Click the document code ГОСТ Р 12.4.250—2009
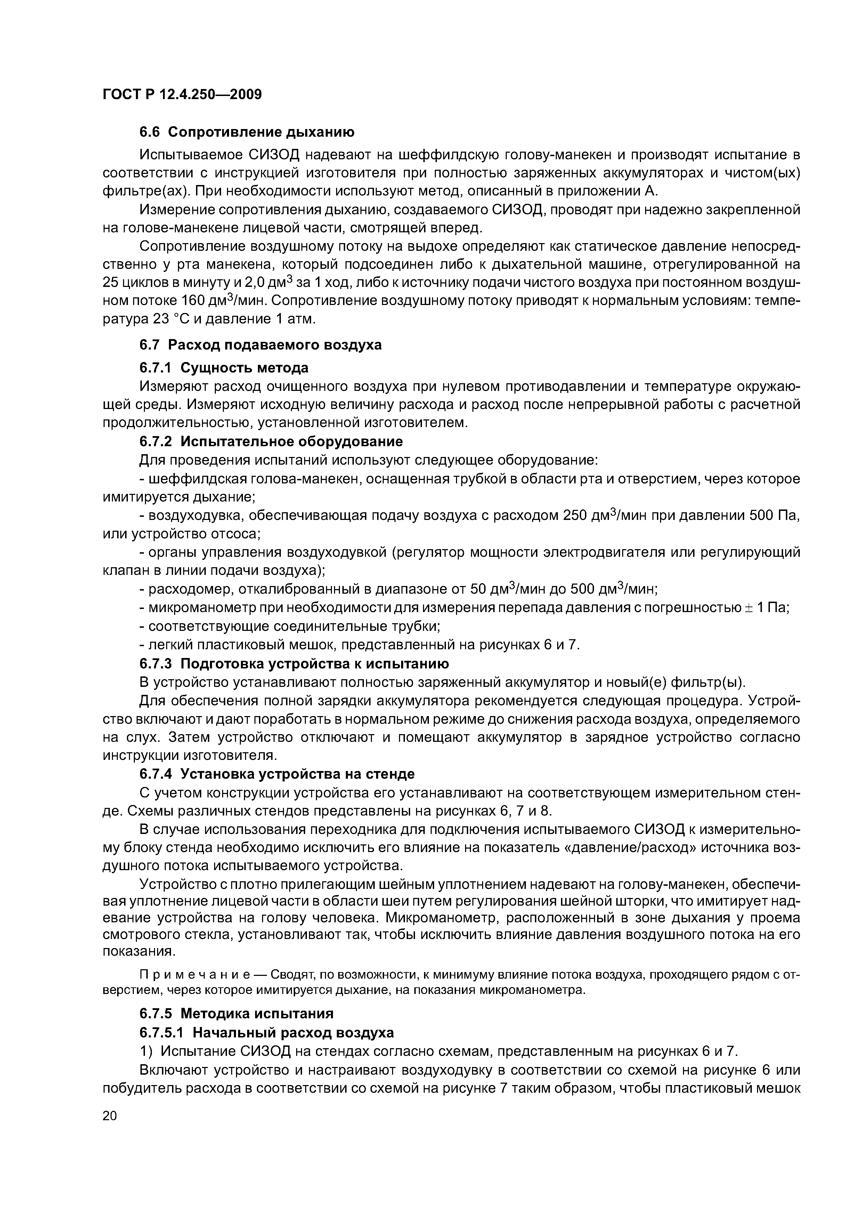(x=182, y=95)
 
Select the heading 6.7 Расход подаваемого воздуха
(x=260, y=345)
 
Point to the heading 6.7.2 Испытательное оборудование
(x=271, y=442)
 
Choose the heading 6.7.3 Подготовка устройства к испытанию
(x=294, y=664)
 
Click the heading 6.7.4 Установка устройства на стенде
(x=277, y=774)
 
